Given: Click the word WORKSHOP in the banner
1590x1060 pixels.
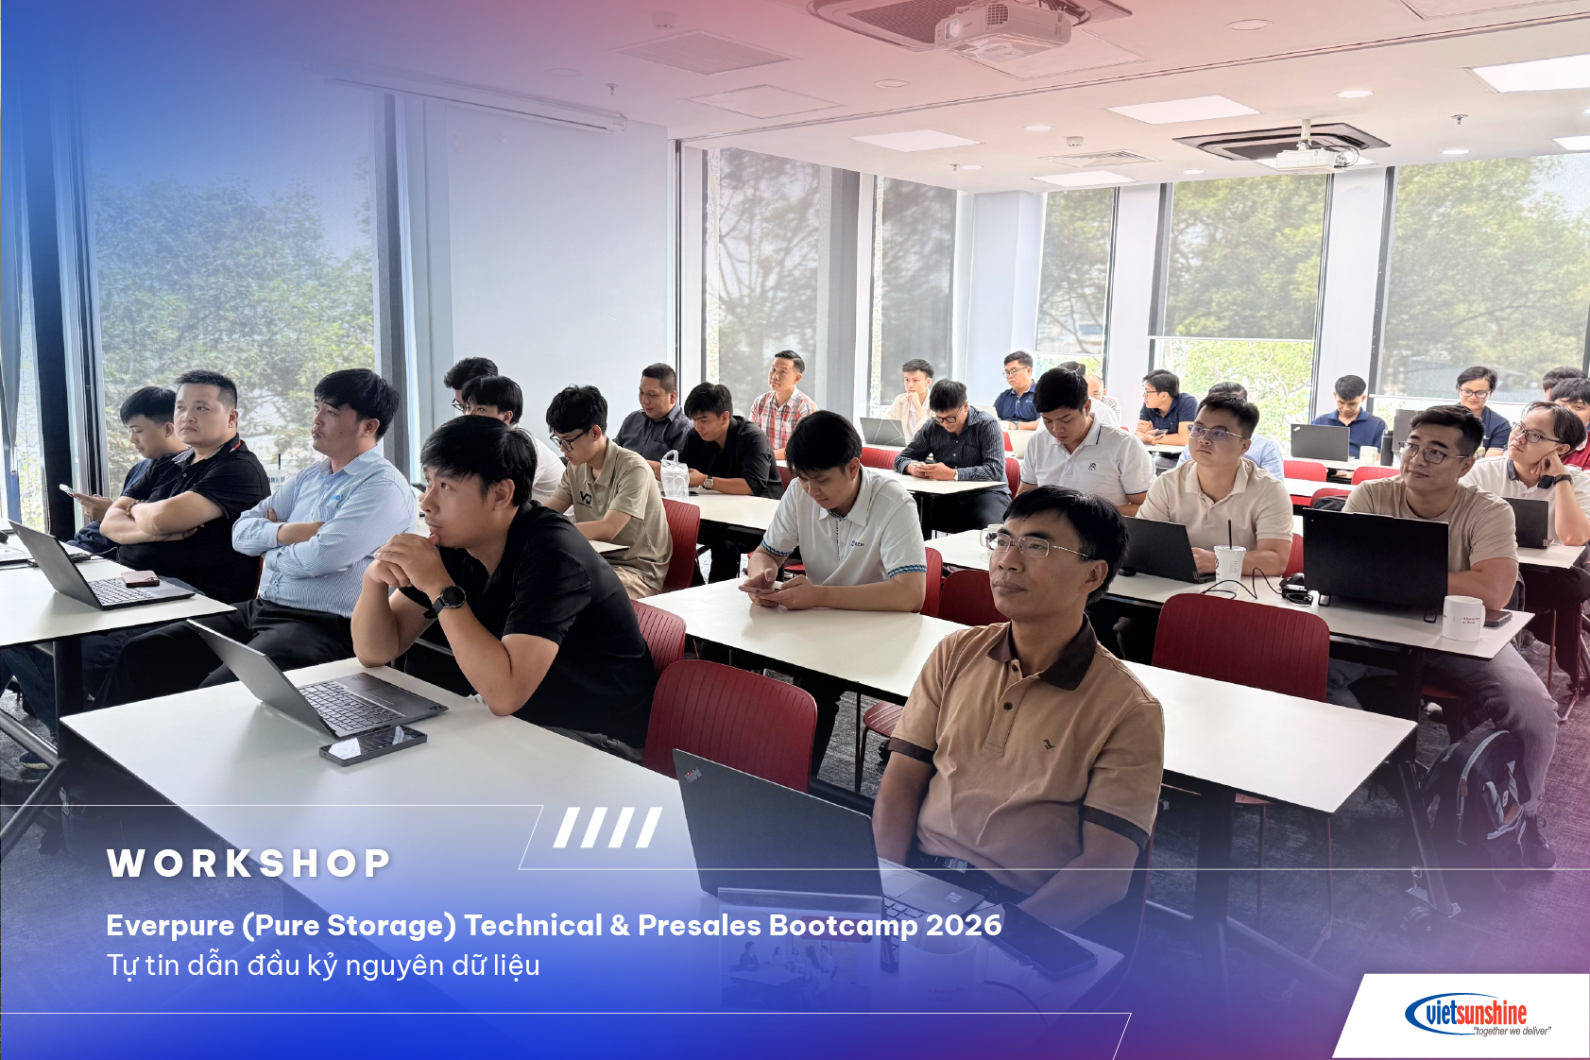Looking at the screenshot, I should (248, 863).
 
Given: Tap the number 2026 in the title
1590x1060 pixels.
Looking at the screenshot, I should (964, 925).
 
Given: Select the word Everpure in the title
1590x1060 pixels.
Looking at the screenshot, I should (170, 925).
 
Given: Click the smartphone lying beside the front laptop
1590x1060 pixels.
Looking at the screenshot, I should (372, 744).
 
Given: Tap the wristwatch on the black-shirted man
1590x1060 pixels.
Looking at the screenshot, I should (450, 599).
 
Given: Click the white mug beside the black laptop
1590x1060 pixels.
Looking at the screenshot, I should (1462, 618).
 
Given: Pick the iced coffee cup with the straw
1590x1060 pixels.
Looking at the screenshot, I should (1229, 562).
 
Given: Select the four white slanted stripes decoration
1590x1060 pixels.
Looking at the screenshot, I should (607, 828).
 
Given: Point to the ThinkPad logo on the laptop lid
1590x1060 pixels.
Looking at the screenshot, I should (693, 776).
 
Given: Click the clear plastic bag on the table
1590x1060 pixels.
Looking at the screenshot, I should (674, 476).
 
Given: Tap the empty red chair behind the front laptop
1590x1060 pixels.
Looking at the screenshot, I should (731, 723).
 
